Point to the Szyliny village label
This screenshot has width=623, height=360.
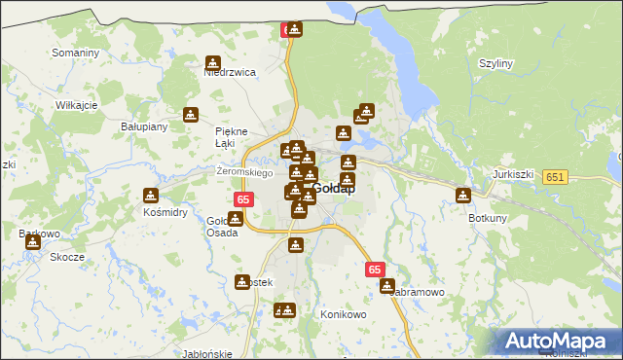(x=495, y=63)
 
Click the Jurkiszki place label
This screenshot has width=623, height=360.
(x=514, y=174)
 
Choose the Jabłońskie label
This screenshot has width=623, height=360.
(x=207, y=354)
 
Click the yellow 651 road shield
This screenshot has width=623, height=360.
(x=556, y=177)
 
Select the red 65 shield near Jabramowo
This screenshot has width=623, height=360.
(x=377, y=270)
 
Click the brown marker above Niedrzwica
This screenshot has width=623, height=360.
(x=213, y=61)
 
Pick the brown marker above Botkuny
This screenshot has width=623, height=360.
(x=463, y=196)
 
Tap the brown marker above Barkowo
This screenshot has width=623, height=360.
(x=33, y=241)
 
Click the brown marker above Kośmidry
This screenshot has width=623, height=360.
(x=151, y=195)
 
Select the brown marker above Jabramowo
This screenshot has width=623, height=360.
(x=387, y=287)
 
